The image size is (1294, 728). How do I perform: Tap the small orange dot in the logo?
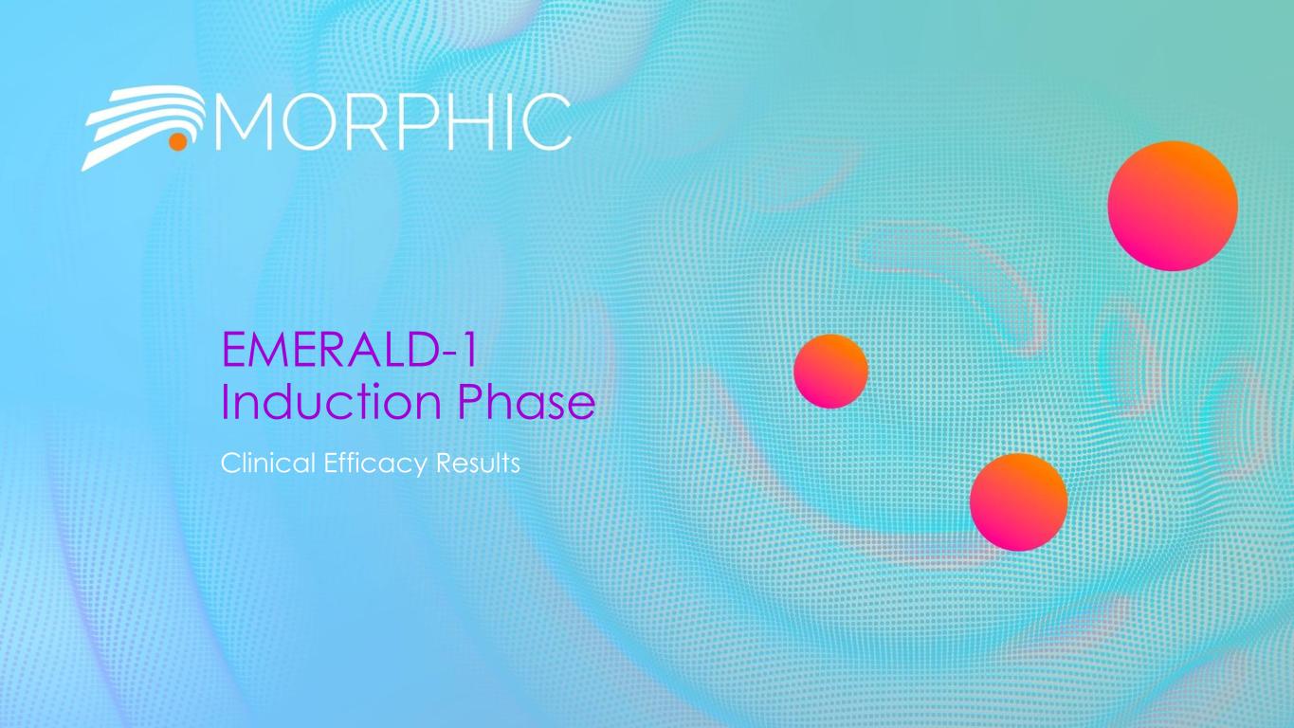coord(176,142)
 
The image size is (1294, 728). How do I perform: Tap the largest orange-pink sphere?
coord(1173,206)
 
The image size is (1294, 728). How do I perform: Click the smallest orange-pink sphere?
coord(830,371)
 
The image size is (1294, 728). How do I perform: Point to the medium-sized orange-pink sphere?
coord(1018,501)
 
